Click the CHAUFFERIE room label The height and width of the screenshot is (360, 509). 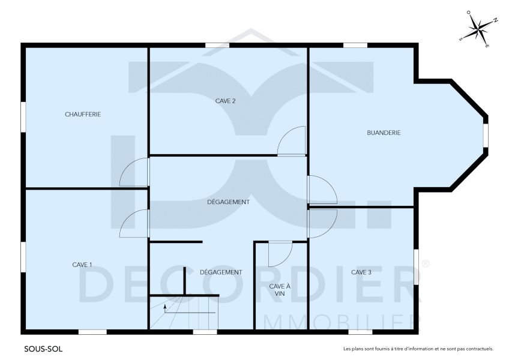pos(83,114)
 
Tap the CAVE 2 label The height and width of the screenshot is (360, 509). pos(225,101)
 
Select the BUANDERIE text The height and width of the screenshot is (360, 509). pos(383,133)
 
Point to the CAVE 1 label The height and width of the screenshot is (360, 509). pos(82,265)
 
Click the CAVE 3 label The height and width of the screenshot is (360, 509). pos(361,272)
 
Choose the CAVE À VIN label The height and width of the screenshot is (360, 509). pos(280,290)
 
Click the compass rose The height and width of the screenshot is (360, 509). pos(478,28)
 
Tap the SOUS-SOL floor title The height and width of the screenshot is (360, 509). pos(43,348)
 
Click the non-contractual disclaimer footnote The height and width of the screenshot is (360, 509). pos(418,349)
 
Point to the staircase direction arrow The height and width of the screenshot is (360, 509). pos(166,309)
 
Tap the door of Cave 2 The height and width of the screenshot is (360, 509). pos(292,142)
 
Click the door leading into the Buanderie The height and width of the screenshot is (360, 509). pos(321,190)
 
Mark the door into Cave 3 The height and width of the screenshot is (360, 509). pos(322,223)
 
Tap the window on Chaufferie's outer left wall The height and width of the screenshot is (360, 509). pos(23,114)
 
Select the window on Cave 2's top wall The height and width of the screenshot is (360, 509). pos(217,45)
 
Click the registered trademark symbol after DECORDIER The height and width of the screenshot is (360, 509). pos(426,263)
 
